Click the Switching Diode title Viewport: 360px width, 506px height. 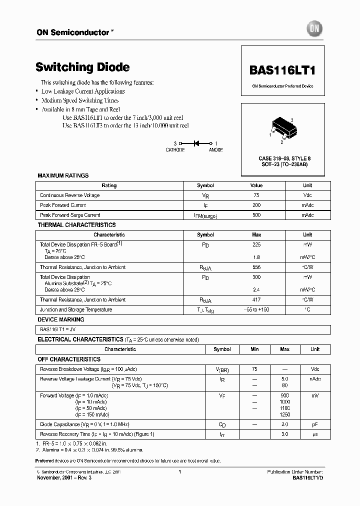click(x=82, y=67)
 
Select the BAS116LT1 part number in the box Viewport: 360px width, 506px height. click(x=282, y=70)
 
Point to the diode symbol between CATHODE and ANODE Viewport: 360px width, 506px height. click(x=196, y=143)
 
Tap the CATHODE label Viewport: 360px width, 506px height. click(x=175, y=150)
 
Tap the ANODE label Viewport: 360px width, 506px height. click(x=215, y=150)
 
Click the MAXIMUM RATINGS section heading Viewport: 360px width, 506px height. click(x=63, y=175)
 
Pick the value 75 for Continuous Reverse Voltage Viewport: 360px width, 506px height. click(x=256, y=195)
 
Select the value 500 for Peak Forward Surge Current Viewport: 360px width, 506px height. click(x=256, y=215)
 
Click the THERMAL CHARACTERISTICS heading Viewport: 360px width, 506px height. click(x=76, y=225)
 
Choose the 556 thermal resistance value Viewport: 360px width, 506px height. click(x=256, y=267)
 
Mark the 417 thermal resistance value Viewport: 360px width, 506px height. click(x=256, y=300)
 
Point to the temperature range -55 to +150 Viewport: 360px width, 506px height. click(x=256, y=310)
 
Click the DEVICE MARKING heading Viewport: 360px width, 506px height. click(x=61, y=319)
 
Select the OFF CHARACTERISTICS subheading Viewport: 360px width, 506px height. click(x=69, y=359)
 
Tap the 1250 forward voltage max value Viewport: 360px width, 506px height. click(x=284, y=414)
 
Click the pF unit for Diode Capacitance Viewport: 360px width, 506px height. click(x=315, y=424)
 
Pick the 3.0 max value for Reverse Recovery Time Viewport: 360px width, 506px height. click(x=284, y=434)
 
